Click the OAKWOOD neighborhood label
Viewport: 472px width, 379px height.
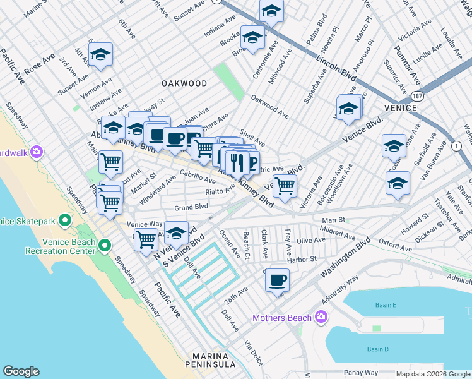pos(184,83)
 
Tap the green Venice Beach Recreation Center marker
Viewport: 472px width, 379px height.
pos(105,246)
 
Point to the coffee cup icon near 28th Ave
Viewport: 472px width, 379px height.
pos(276,280)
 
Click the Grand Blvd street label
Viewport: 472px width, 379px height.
pos(191,207)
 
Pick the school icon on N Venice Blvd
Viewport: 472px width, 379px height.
pos(177,232)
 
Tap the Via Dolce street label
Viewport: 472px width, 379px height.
pos(253,354)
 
